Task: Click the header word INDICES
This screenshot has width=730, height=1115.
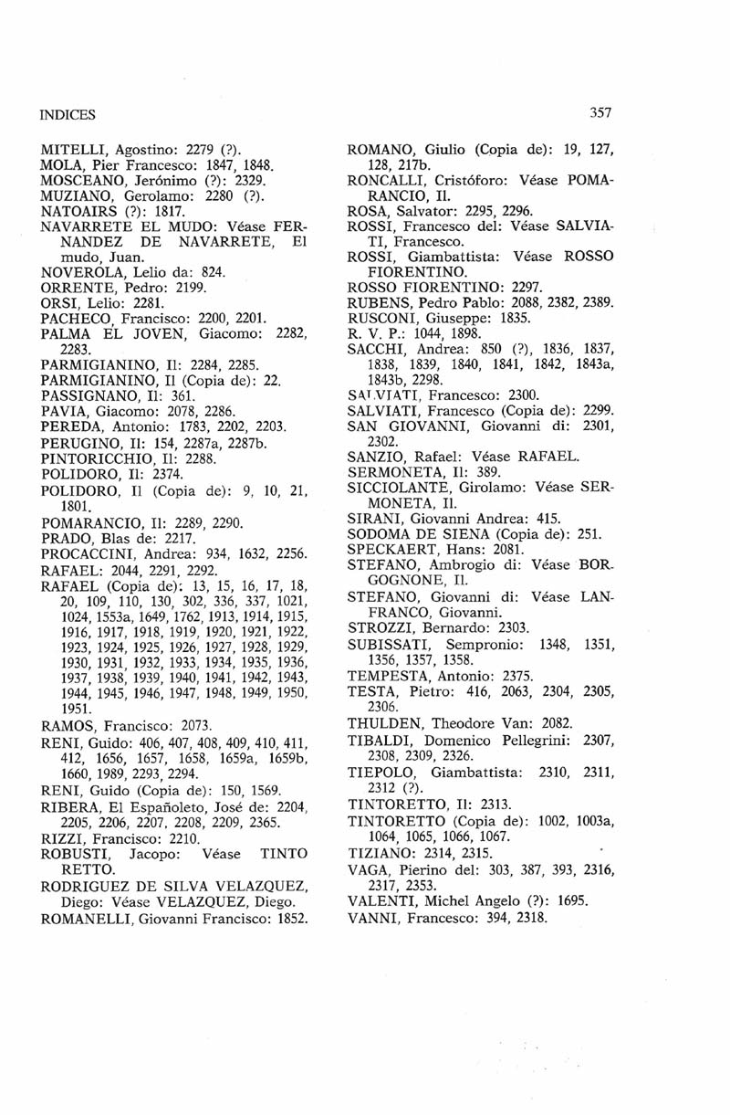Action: tap(68, 115)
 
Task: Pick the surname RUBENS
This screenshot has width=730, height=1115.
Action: tap(379, 302)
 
